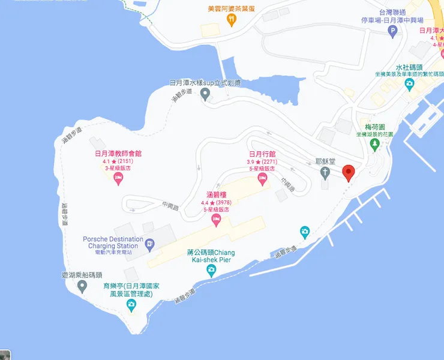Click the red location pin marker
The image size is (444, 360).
tap(349, 173)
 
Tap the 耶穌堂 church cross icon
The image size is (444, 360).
tap(325, 174)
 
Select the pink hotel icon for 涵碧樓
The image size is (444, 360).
tap(216, 221)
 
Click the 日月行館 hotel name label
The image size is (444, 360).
tap(262, 154)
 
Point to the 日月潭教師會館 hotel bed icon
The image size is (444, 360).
tap(118, 178)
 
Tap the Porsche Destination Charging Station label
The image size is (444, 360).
tap(113, 242)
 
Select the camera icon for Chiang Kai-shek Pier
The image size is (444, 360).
tap(211, 271)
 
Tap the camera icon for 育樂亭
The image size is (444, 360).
tap(131, 305)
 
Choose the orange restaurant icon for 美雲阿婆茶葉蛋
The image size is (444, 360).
tap(232, 19)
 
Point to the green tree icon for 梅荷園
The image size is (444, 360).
tap(375, 144)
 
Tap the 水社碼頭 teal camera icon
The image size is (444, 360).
tap(409, 83)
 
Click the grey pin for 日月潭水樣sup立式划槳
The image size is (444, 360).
tap(205, 94)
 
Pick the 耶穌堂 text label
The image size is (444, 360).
tap(325, 162)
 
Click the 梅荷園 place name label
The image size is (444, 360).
tap(375, 127)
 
